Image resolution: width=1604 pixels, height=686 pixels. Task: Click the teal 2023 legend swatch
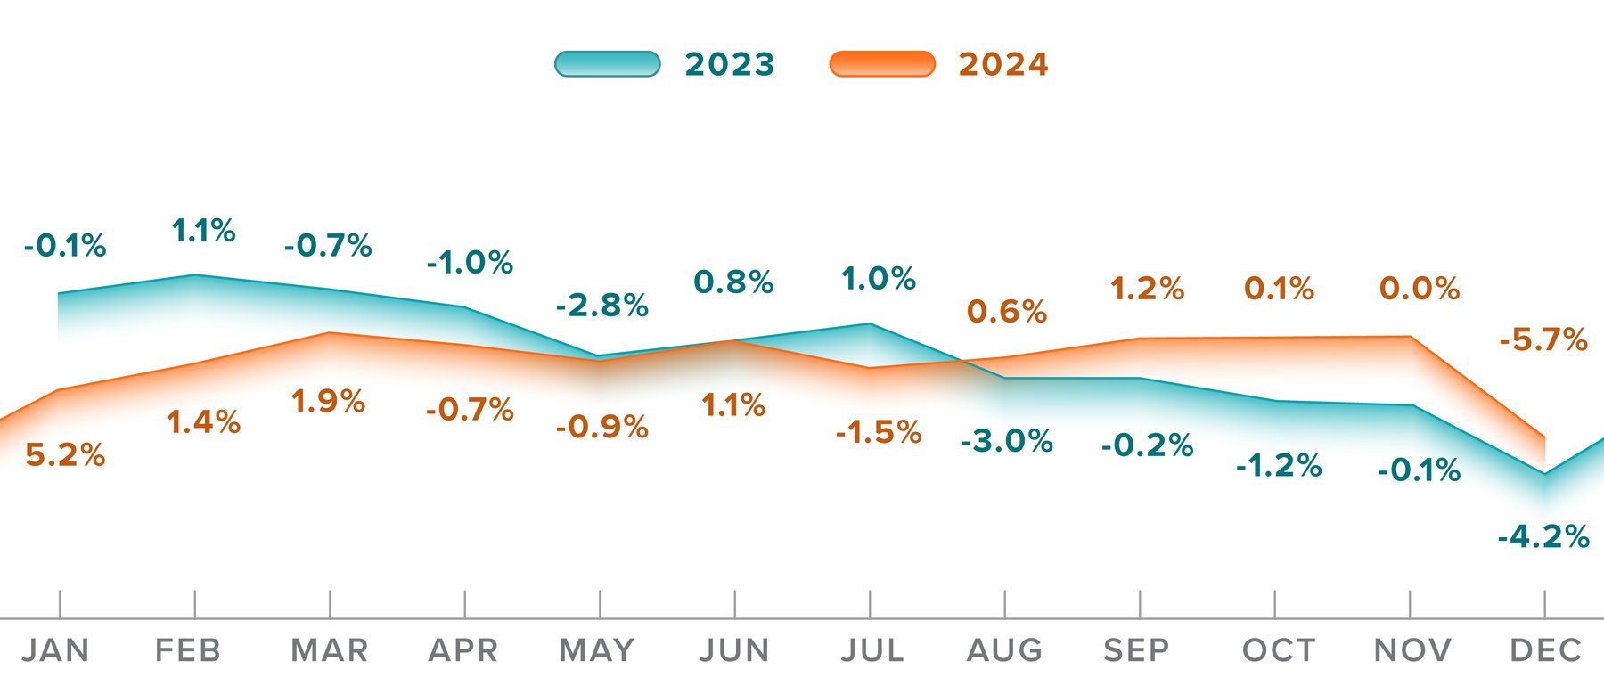click(x=607, y=64)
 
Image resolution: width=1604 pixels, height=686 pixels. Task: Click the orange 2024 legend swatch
click(x=882, y=64)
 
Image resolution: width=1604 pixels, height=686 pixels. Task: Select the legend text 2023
click(x=730, y=65)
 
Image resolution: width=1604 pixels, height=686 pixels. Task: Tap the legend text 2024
click(x=1003, y=65)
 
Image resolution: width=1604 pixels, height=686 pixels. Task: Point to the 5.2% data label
click(x=65, y=455)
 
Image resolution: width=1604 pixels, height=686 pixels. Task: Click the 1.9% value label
click(x=328, y=402)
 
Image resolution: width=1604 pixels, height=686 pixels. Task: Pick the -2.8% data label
click(x=601, y=306)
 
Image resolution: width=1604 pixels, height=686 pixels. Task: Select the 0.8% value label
click(x=733, y=282)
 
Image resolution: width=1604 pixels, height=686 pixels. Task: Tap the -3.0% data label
click(x=1007, y=441)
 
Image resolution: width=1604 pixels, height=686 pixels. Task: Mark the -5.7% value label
click(x=1543, y=339)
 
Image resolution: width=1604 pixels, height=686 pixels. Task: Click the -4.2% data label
click(x=1543, y=537)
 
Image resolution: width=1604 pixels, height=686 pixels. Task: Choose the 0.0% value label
click(x=1420, y=289)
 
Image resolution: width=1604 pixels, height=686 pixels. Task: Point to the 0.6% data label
click(x=1007, y=312)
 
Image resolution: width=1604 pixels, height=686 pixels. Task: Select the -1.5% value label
click(x=879, y=433)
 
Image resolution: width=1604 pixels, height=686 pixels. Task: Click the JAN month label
click(x=55, y=650)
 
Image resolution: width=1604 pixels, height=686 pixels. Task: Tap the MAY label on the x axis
click(x=597, y=650)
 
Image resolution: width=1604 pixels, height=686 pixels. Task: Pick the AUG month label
click(x=1005, y=650)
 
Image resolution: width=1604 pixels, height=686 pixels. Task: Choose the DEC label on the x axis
click(x=1545, y=650)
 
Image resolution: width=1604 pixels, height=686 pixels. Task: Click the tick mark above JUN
click(x=735, y=604)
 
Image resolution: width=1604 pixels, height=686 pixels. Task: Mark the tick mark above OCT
click(x=1274, y=604)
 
